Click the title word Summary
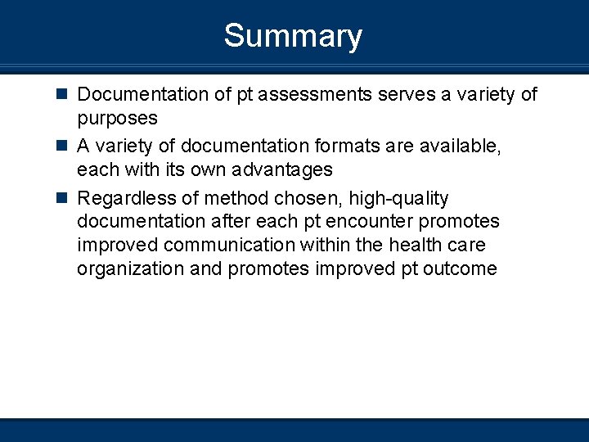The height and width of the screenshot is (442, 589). pyautogui.click(x=293, y=37)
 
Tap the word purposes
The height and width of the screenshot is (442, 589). pyautogui.click(x=117, y=119)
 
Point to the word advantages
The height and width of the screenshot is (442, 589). pyautogui.click(x=281, y=170)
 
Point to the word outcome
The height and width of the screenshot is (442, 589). pyautogui.click(x=460, y=269)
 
